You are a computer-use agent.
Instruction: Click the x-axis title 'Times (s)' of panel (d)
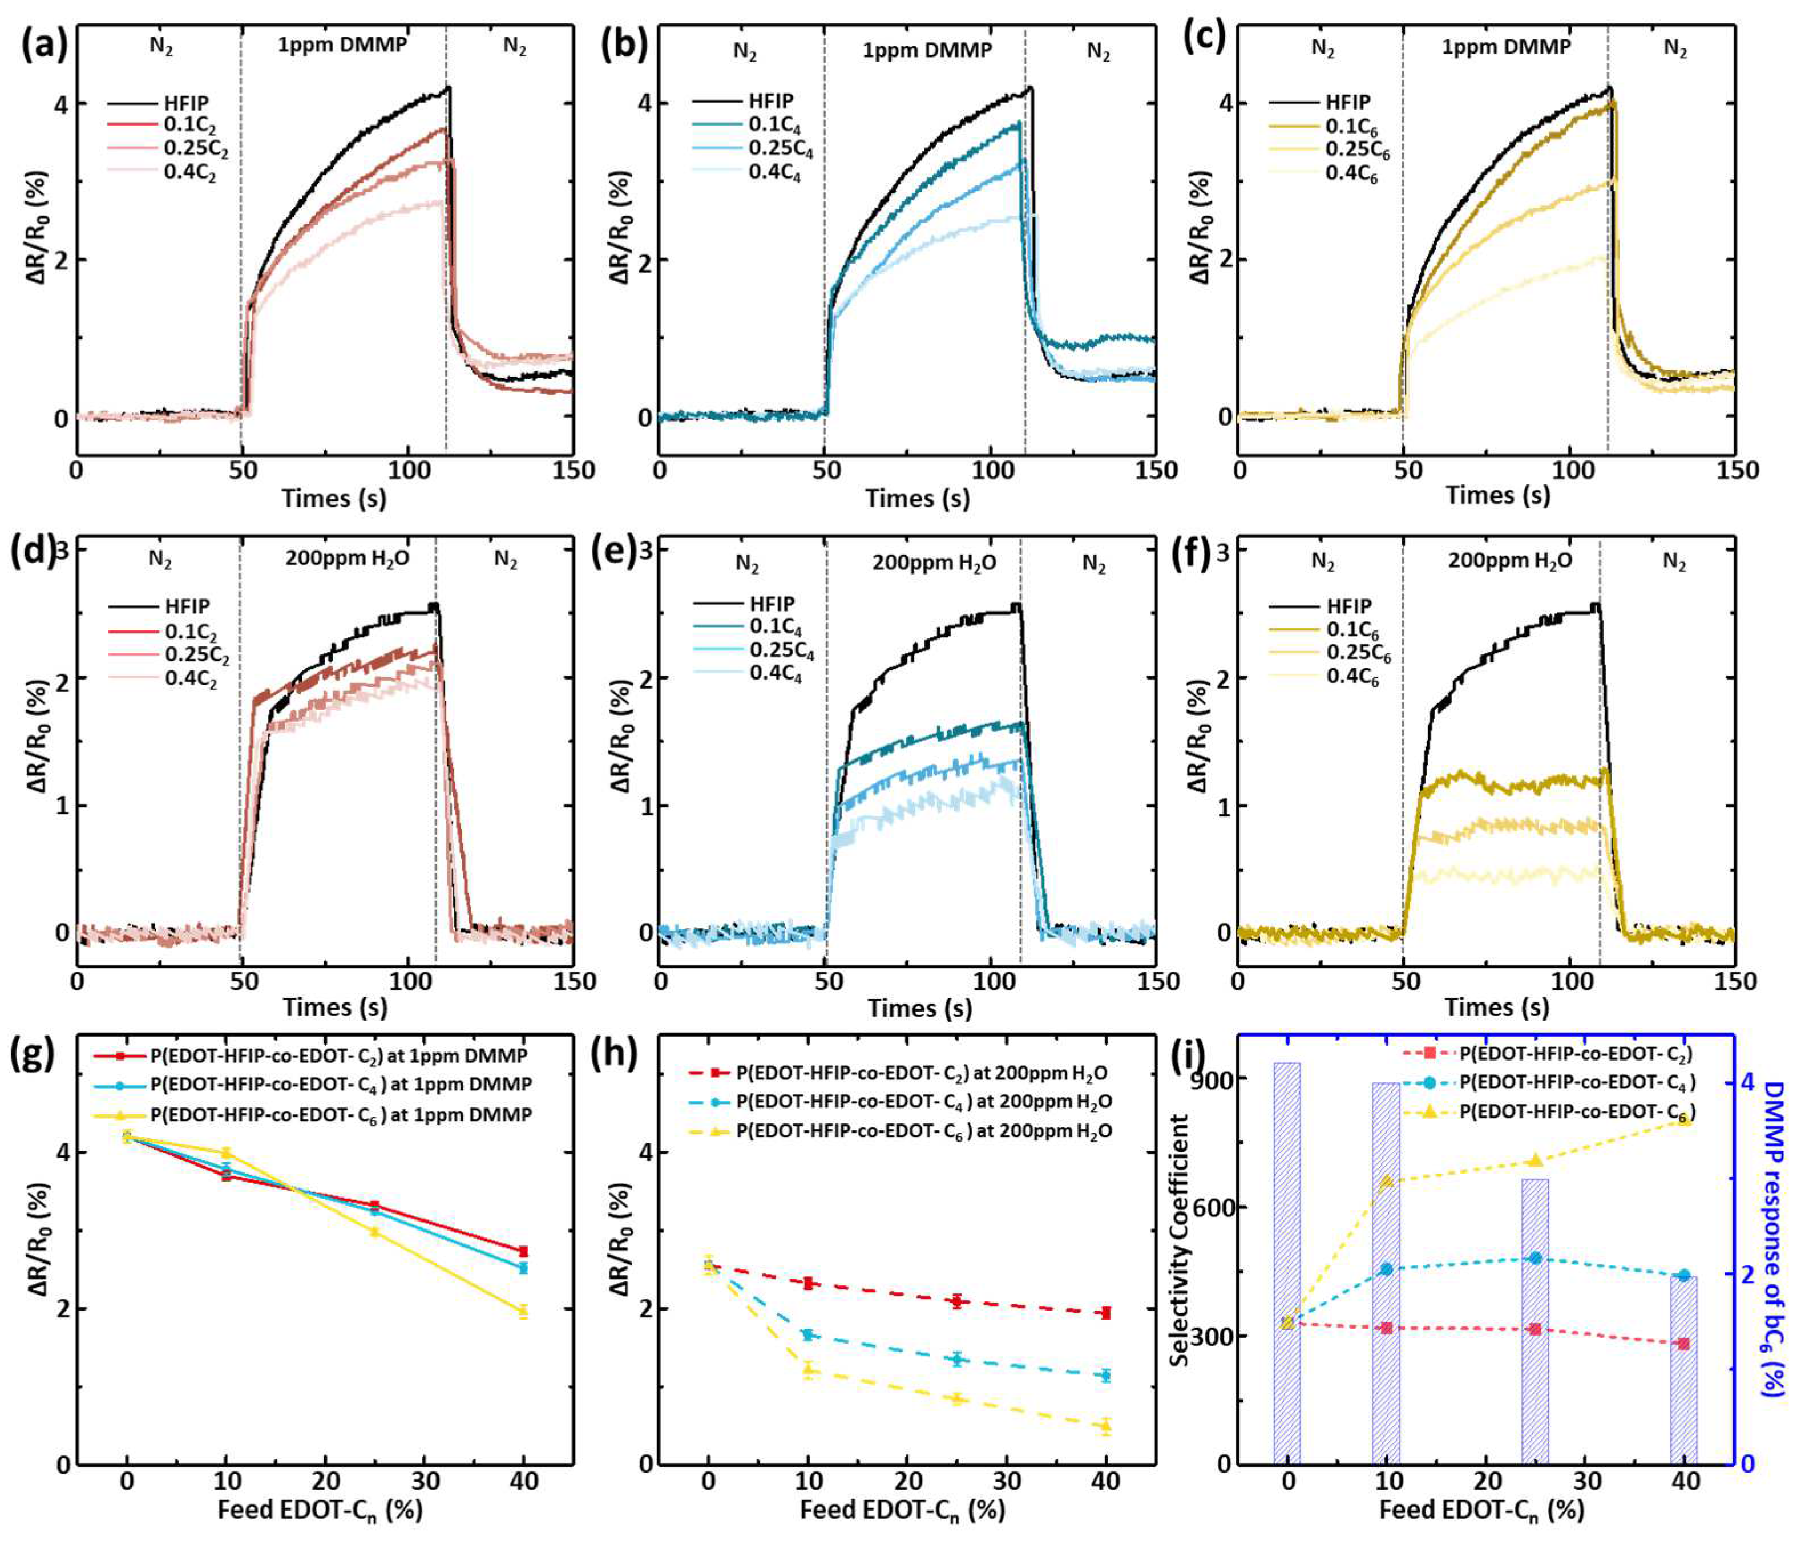coord(334,1006)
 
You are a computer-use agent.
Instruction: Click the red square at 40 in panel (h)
coord(1106,1312)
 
